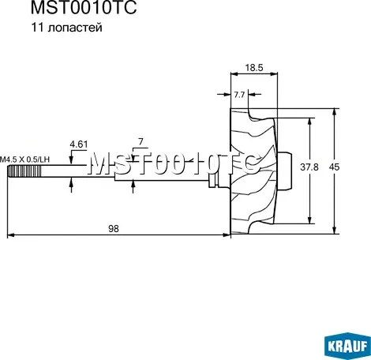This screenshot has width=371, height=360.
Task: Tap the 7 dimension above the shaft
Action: click(x=141, y=142)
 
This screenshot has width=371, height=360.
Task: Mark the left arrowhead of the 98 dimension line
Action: click(x=15, y=234)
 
